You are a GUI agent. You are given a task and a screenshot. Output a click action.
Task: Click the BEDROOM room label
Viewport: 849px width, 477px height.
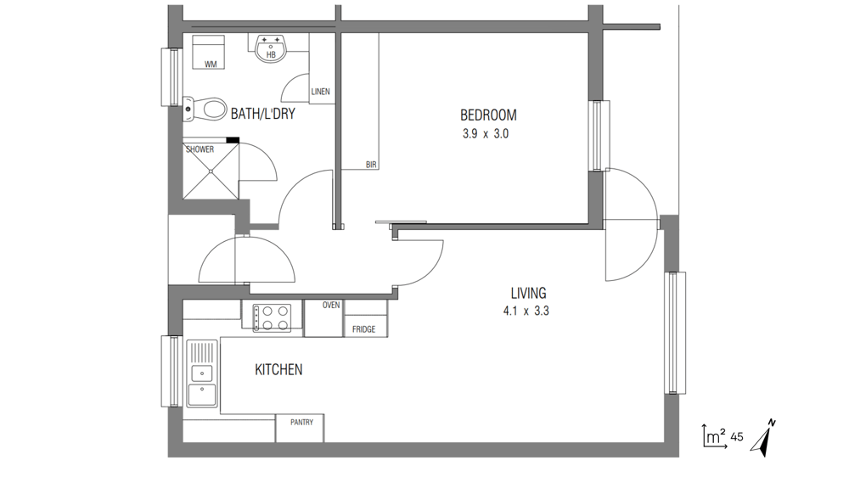(x=488, y=115)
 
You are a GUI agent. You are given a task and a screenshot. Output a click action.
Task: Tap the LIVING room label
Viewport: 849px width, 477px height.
(x=528, y=293)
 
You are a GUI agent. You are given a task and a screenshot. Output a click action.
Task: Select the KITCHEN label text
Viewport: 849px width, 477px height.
(x=278, y=370)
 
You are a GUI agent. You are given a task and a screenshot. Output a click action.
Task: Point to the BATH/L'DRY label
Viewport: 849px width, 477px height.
(x=262, y=114)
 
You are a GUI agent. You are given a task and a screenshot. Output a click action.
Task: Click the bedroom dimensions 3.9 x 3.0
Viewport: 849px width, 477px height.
(x=486, y=134)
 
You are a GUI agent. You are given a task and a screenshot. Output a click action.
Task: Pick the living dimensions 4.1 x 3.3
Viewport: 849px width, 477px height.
(x=526, y=311)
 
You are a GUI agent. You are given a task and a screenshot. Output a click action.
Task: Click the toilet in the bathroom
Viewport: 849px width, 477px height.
(x=205, y=109)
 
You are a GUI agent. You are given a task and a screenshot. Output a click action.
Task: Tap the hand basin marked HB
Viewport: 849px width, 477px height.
(x=270, y=48)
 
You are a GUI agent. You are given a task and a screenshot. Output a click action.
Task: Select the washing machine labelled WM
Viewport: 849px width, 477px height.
(x=209, y=52)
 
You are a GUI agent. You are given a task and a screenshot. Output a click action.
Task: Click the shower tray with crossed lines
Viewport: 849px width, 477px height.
(x=211, y=171)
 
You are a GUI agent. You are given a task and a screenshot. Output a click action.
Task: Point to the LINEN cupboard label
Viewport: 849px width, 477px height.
(x=321, y=92)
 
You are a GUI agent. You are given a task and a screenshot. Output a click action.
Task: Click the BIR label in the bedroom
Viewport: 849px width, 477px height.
(x=371, y=165)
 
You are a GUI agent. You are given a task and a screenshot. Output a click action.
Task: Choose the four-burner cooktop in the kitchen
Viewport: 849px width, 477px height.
(x=272, y=317)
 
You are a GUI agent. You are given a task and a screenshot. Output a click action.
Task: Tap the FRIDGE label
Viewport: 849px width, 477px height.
(x=364, y=329)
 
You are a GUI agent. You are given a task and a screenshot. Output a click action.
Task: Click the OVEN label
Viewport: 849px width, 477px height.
(x=331, y=306)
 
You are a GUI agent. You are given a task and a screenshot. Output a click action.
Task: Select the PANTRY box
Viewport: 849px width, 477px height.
(x=300, y=429)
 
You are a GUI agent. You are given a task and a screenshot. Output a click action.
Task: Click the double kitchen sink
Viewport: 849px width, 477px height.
(x=202, y=373)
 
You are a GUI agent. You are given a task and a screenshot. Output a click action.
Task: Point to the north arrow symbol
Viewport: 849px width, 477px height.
(x=763, y=437)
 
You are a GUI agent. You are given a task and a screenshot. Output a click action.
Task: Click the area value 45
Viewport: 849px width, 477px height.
(x=737, y=437)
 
